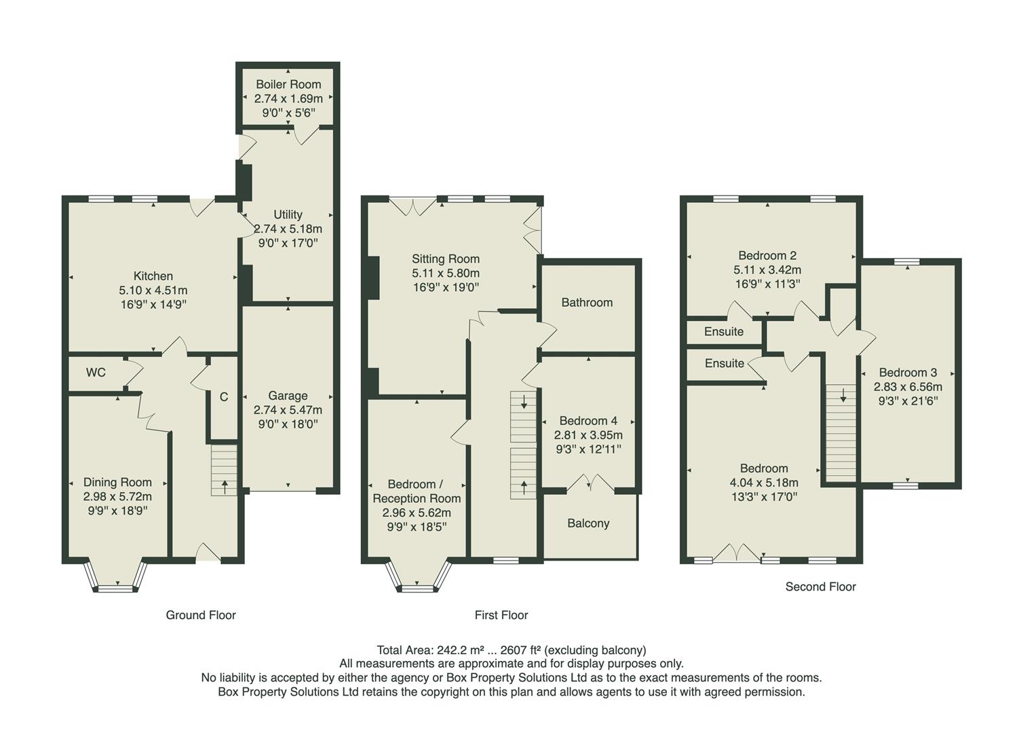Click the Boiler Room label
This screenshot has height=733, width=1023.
pyautogui.click(x=288, y=85)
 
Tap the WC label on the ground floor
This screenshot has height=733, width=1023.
pyautogui.click(x=96, y=373)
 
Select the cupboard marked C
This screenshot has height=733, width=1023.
pyautogui.click(x=224, y=398)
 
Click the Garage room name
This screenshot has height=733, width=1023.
pyautogui.click(x=288, y=396)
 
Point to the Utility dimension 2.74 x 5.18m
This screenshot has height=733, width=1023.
pyautogui.click(x=288, y=229)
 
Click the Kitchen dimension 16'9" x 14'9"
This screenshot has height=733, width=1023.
pyautogui.click(x=153, y=305)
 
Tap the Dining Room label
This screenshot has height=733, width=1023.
pyautogui.click(x=117, y=483)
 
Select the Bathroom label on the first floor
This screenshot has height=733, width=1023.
pyautogui.click(x=587, y=303)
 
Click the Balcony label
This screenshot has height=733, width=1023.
pyautogui.click(x=588, y=523)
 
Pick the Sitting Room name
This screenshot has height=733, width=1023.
pyautogui.click(x=446, y=259)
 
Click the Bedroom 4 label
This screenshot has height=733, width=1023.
pyautogui.click(x=588, y=421)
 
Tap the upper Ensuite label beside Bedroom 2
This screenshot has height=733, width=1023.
pyautogui.click(x=724, y=332)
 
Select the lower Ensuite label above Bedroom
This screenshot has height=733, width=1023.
pyautogui.click(x=725, y=364)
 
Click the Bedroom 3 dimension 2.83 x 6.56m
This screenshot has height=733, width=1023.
pyautogui.click(x=908, y=387)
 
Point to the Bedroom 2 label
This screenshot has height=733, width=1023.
pyautogui.click(x=767, y=256)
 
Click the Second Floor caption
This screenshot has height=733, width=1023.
pyautogui.click(x=820, y=587)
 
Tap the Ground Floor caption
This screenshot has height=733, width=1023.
pyautogui.click(x=201, y=616)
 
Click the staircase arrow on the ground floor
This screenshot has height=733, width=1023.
pyautogui.click(x=225, y=486)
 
